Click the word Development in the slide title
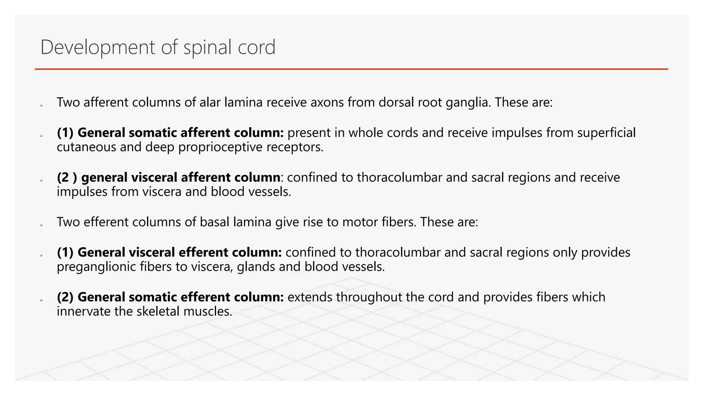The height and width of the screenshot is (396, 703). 98,47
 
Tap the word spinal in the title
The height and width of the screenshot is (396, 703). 203,47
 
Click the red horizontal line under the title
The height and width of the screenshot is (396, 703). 351,69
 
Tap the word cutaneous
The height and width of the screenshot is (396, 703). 87,147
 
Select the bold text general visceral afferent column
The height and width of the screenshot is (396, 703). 181,177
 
